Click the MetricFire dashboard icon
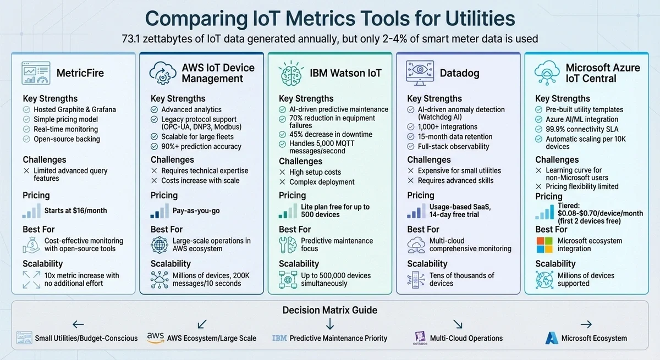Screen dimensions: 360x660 tap(36, 73)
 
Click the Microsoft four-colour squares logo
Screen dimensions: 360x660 tap(544, 245)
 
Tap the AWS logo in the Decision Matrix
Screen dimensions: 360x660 tap(156, 337)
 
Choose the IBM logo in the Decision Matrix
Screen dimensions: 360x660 tap(279, 338)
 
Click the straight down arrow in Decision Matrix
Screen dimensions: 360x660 tap(330, 324)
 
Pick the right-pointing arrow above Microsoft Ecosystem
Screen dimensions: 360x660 tap(586, 324)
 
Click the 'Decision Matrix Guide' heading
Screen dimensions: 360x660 tap(330, 310)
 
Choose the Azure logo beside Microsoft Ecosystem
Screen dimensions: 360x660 tap(552, 338)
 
